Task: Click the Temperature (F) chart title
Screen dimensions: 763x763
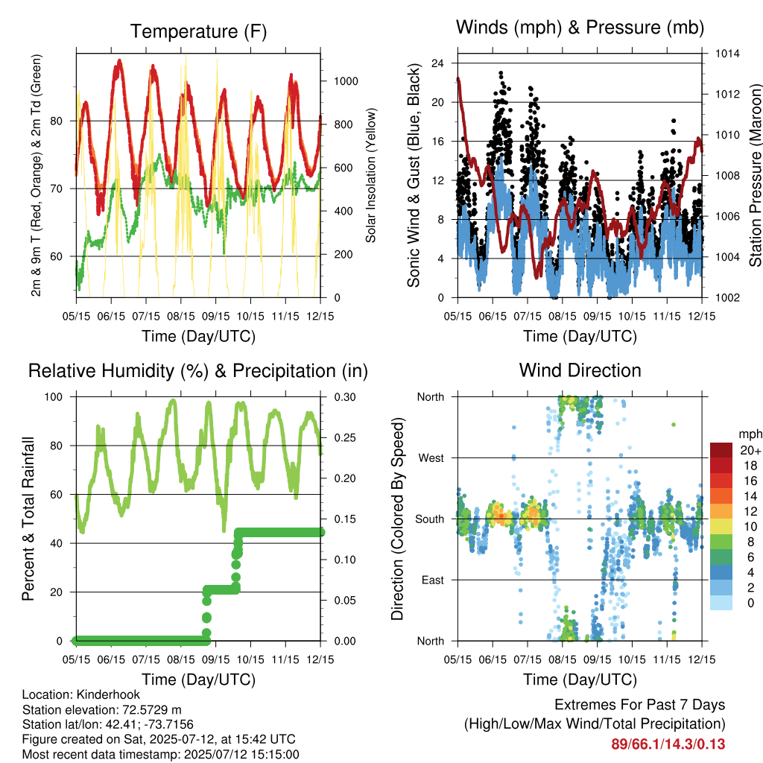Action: [198, 31]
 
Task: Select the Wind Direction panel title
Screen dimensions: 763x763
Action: [580, 370]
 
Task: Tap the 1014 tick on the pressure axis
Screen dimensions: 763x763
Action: [727, 54]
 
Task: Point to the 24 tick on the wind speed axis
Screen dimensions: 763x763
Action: [437, 63]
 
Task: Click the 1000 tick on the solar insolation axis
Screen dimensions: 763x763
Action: [346, 81]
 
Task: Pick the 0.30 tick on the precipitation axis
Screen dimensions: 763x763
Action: [345, 397]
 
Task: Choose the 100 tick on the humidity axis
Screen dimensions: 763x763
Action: [54, 397]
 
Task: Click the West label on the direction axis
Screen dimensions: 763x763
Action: [431, 458]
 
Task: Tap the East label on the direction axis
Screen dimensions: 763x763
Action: [433, 580]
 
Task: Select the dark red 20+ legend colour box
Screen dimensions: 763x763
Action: [721, 450]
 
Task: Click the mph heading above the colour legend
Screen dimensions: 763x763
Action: [750, 434]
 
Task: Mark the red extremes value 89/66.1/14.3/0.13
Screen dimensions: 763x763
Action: [668, 744]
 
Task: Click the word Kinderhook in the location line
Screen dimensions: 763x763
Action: [108, 694]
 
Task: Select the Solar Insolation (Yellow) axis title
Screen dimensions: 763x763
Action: [371, 175]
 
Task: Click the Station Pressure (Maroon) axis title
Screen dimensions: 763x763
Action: [756, 175]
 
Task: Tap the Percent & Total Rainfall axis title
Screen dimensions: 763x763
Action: [28, 519]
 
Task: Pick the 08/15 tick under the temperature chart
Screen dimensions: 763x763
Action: [181, 316]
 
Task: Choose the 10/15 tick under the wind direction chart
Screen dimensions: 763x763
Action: [632, 659]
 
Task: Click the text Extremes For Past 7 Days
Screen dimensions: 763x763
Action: [640, 705]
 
